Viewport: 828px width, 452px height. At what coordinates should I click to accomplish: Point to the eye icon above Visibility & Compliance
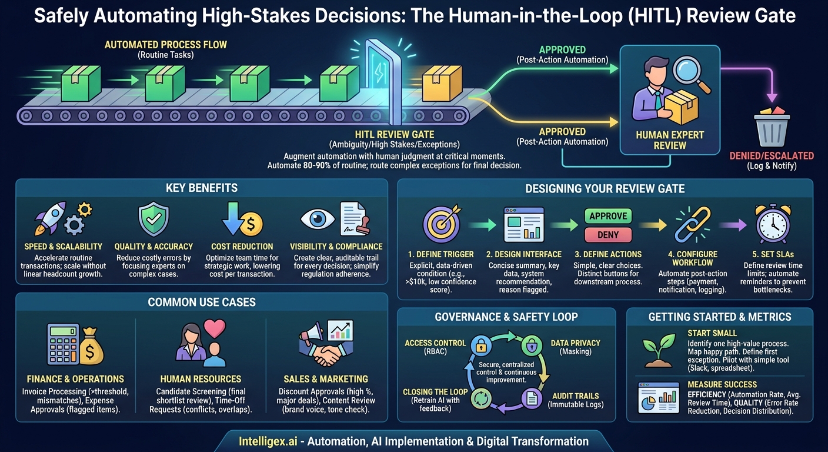pos(318,219)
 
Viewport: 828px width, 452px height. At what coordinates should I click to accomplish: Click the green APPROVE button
pos(607,216)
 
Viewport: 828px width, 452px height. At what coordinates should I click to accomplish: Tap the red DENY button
pos(607,234)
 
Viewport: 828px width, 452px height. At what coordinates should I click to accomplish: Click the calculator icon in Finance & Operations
pos(63,344)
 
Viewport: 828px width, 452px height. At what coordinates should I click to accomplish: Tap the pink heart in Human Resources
pos(215,328)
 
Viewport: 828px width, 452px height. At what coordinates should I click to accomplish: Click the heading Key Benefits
pos(202,188)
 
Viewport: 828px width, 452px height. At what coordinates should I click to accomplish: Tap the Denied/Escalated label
pos(772,156)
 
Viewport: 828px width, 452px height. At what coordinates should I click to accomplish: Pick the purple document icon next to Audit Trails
pos(531,398)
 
